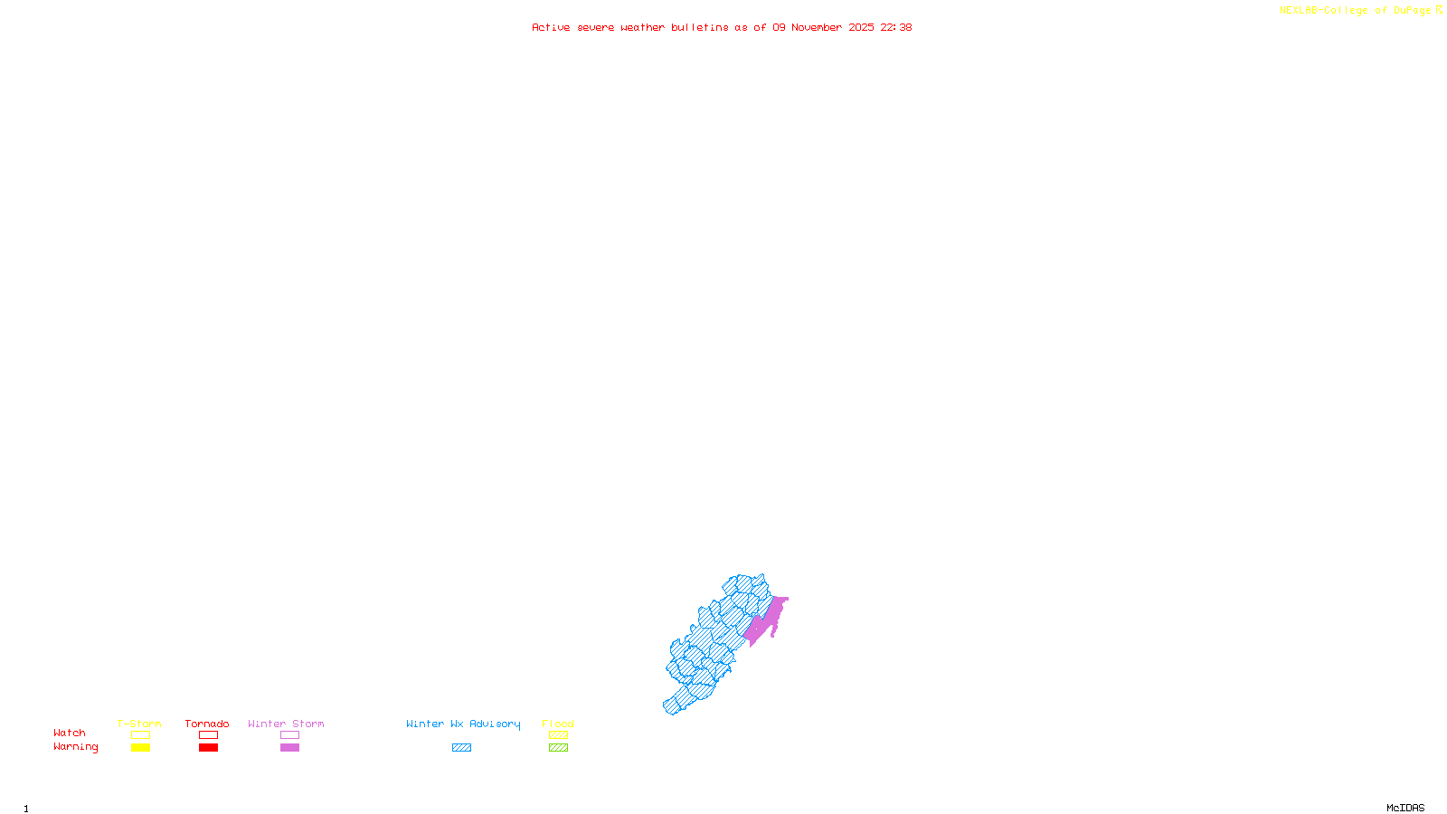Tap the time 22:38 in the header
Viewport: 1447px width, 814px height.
tap(896, 27)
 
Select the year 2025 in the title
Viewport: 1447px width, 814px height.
tap(861, 27)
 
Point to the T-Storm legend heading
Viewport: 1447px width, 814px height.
tap(139, 724)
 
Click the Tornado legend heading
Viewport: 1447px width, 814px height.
tap(207, 724)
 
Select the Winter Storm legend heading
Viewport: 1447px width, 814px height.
tap(286, 724)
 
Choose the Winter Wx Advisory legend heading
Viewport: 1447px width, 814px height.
tap(463, 724)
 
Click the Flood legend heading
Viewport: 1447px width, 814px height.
tap(558, 724)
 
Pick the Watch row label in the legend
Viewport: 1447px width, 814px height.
tap(70, 733)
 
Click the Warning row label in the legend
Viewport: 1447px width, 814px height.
tap(75, 747)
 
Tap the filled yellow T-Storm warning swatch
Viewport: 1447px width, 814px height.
tap(140, 748)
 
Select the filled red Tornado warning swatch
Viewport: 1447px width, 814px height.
tap(209, 748)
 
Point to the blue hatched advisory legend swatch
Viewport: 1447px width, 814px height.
tap(461, 748)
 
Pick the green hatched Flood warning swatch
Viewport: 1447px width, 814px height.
tap(559, 748)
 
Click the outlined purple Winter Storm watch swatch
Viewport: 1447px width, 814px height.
tap(289, 735)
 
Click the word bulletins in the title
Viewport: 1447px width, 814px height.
tap(700, 27)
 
